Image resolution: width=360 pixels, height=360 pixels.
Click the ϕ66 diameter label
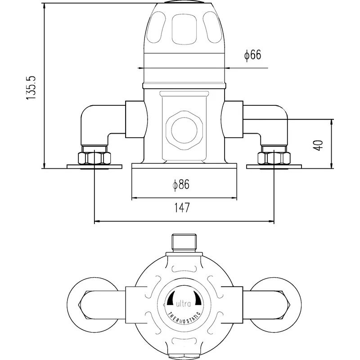coord(253,55)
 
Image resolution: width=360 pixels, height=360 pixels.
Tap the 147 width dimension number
coord(184,208)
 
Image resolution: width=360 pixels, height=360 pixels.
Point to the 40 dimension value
coord(319,145)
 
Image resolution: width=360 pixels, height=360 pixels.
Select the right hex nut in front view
coord(274,158)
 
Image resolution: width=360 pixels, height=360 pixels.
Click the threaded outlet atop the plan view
coord(184,242)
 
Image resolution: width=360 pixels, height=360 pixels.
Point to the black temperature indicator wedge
coord(171,300)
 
